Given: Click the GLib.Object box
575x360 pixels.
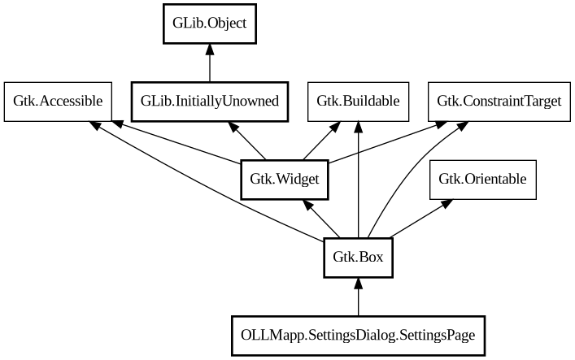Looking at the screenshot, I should pyautogui.click(x=210, y=24).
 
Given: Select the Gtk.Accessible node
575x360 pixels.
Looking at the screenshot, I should pyautogui.click(x=58, y=102).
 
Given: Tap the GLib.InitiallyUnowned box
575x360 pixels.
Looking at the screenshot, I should pyautogui.click(x=210, y=102).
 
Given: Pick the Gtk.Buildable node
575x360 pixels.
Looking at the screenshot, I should pyautogui.click(x=358, y=102).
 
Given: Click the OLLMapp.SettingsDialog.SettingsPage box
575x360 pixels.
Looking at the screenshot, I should pyautogui.click(x=358, y=335).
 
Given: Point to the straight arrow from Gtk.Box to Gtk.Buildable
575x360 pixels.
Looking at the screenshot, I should pyautogui.click(x=358, y=187).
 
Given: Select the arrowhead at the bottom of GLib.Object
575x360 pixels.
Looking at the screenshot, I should pyautogui.click(x=210, y=50).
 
